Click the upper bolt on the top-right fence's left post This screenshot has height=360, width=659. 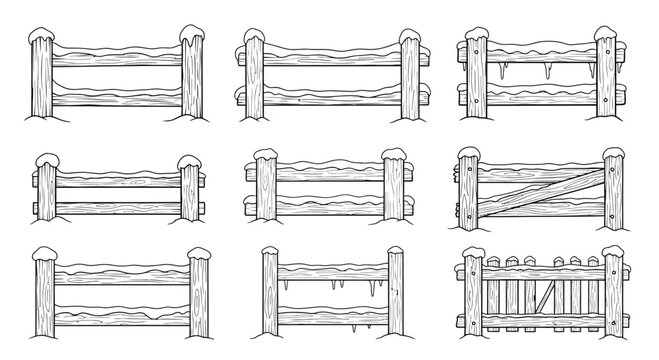474,47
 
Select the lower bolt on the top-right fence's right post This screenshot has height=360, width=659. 605,101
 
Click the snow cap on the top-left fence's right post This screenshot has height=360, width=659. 191,37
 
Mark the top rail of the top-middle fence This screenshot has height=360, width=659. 330,58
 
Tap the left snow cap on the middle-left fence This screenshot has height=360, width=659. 47,161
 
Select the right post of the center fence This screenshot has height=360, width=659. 393,190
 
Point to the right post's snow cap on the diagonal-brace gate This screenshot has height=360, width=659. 612,154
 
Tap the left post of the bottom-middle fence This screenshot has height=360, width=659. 270,295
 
